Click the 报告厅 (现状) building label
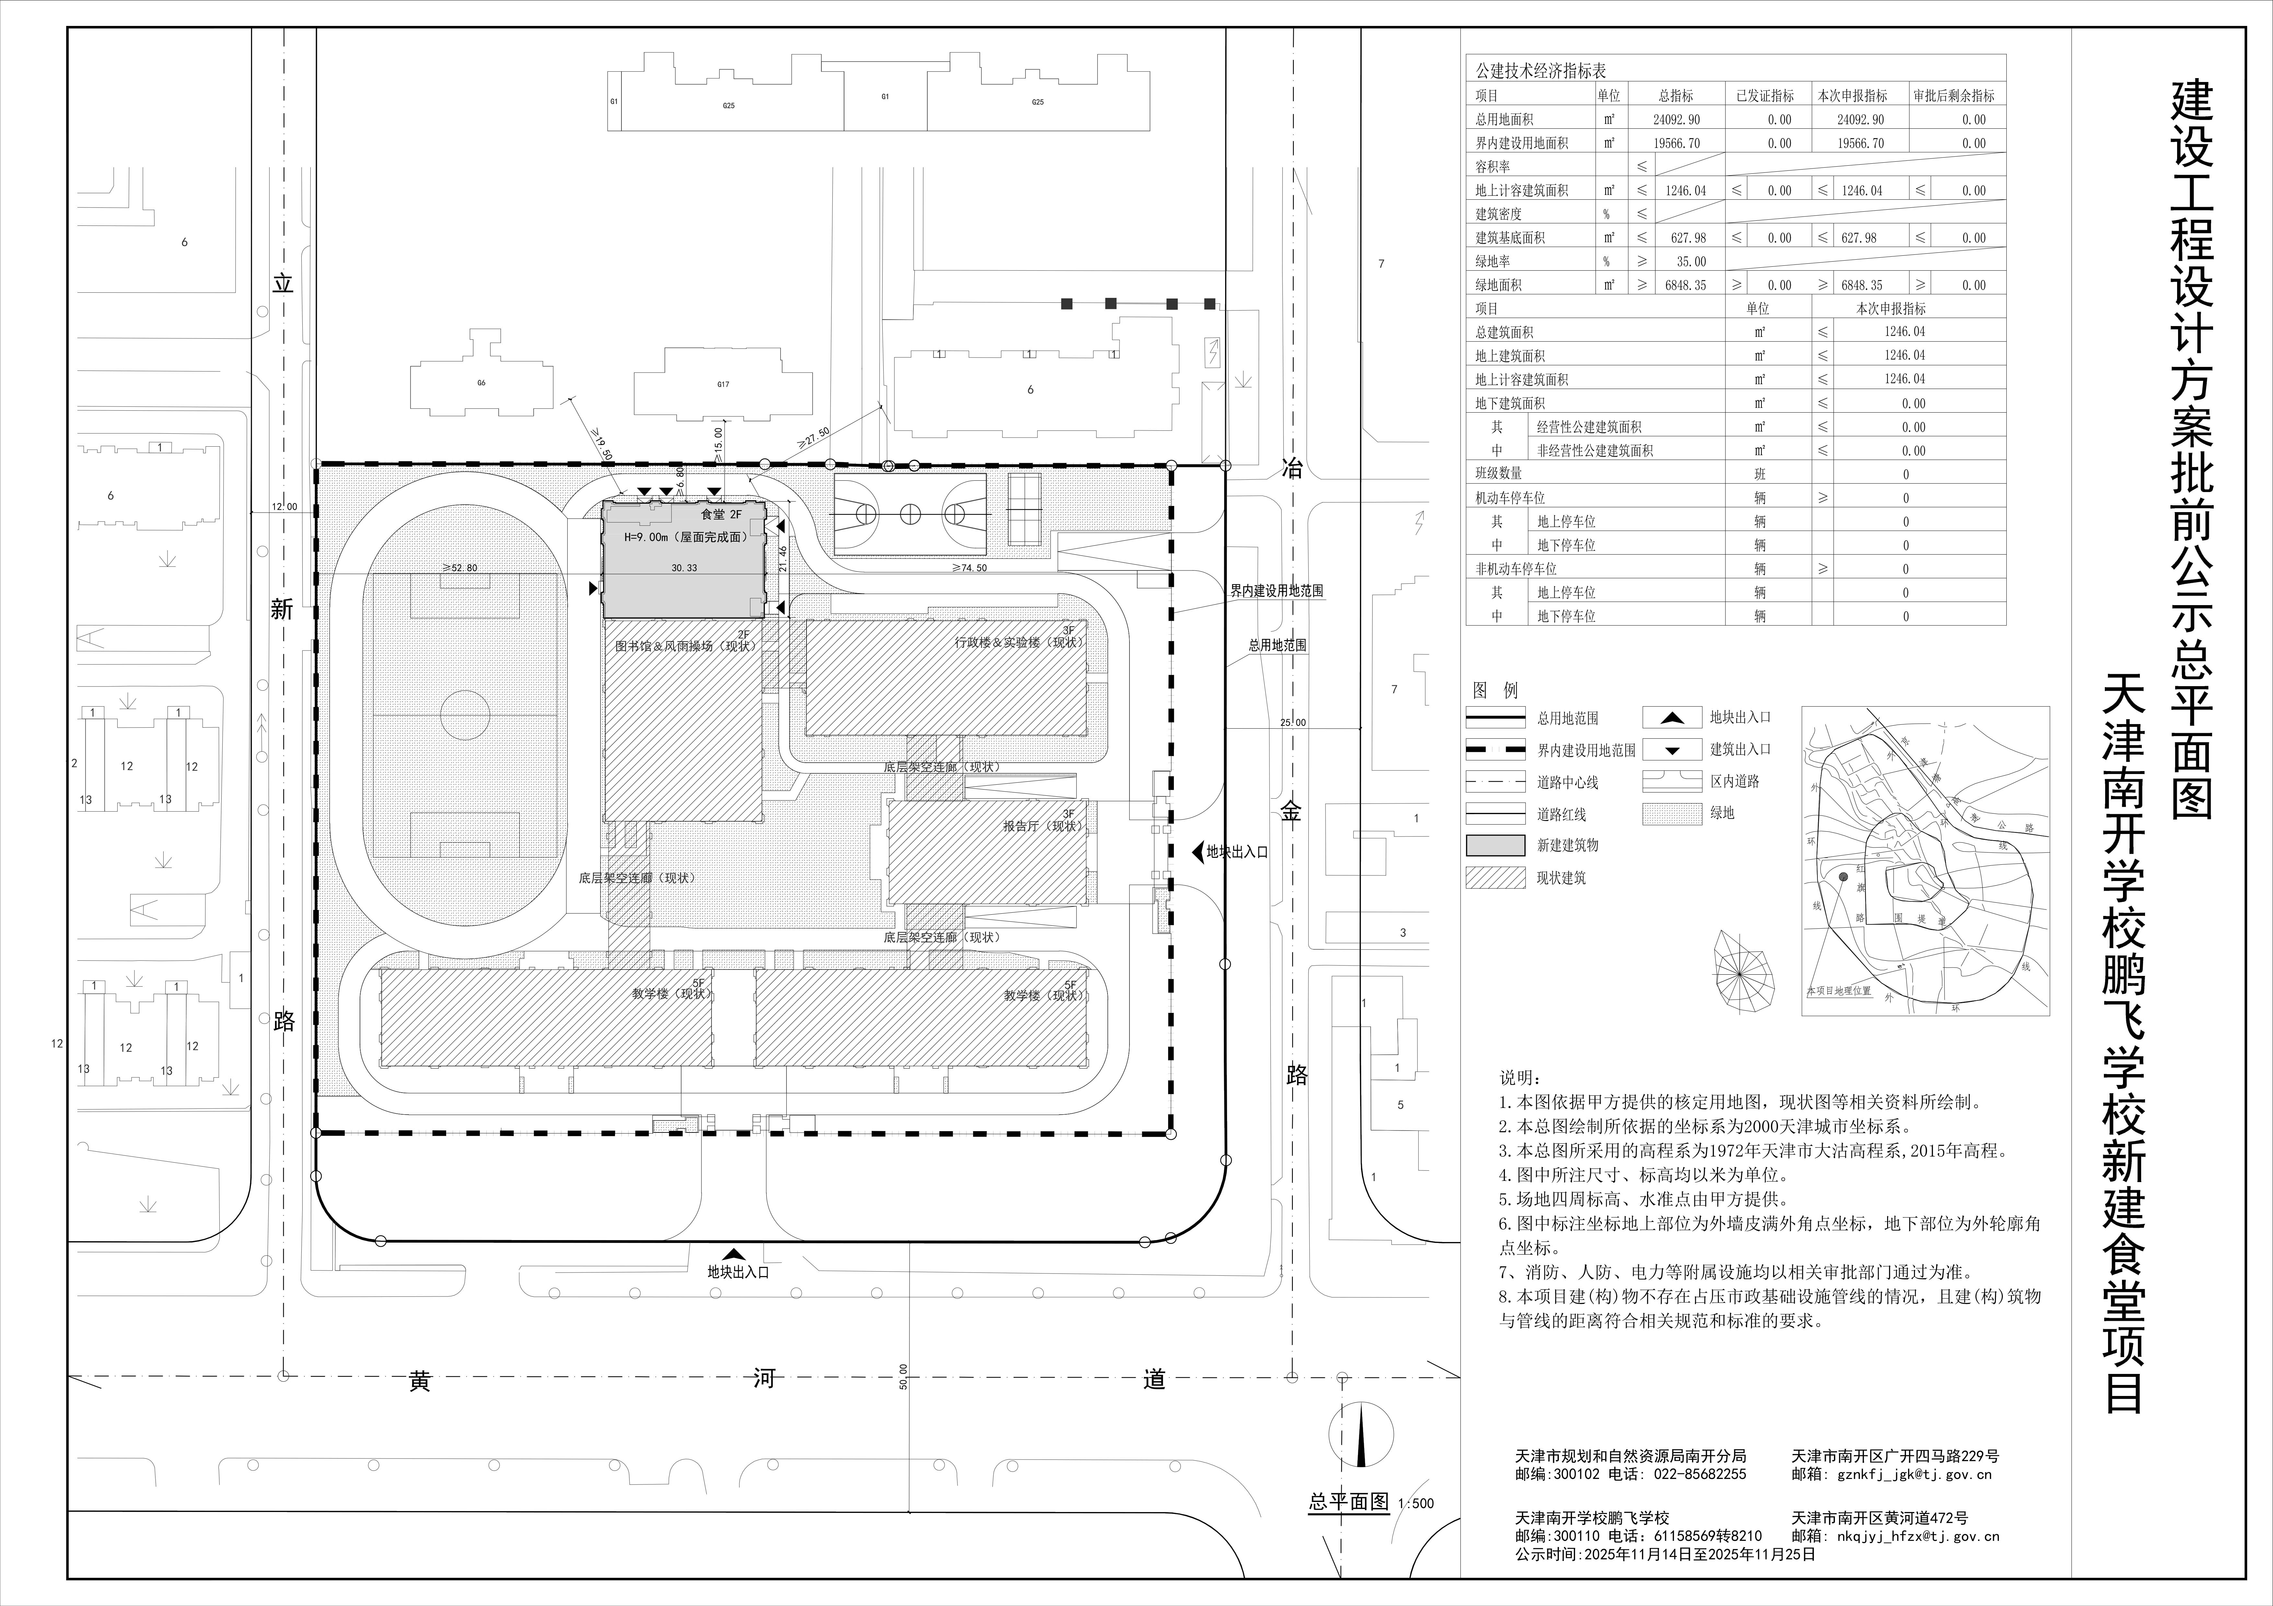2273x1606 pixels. tap(1039, 825)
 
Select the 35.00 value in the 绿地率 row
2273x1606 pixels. tap(1691, 261)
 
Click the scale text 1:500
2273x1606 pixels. tap(1416, 1503)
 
